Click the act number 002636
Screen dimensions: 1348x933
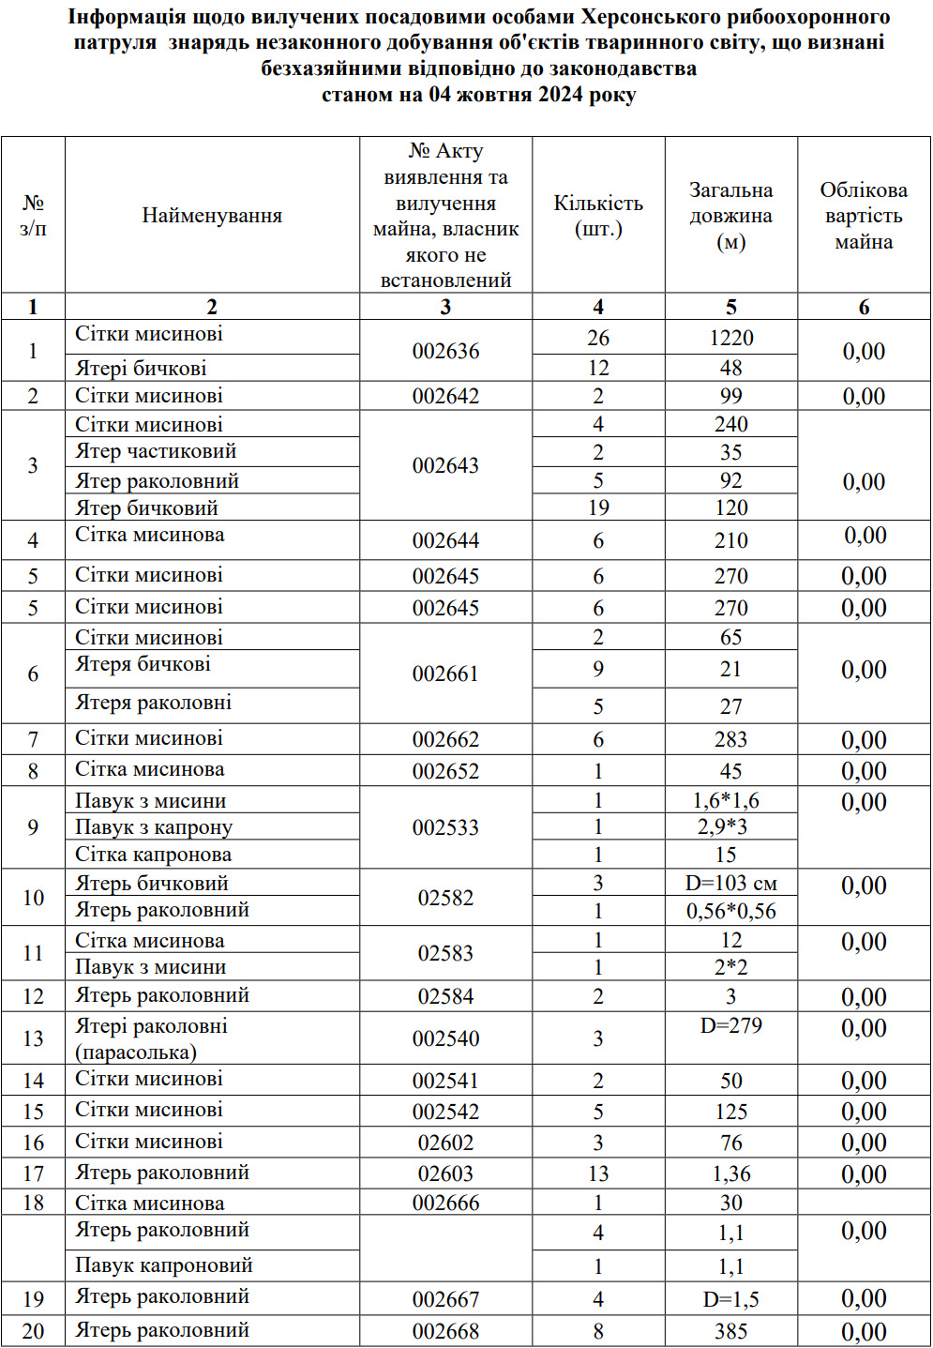pos(445,352)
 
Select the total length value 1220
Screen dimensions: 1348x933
pos(730,338)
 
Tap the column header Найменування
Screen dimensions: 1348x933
pos(212,216)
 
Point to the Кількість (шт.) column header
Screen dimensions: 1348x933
pos(598,216)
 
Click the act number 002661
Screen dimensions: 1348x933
pos(445,674)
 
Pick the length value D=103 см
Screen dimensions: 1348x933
pos(730,884)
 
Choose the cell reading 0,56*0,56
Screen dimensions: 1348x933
pos(730,911)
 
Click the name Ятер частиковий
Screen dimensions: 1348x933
pos(156,451)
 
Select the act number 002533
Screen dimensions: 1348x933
pos(445,827)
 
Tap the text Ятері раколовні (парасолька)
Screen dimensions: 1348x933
pos(151,1038)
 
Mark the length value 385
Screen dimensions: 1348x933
pos(730,1331)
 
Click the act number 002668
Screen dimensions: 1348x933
pos(445,1331)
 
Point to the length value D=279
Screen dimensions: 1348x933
pos(730,1026)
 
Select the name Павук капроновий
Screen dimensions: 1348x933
pos(164,1265)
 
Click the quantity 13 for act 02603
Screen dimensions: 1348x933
pos(598,1174)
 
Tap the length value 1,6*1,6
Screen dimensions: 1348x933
pos(726,800)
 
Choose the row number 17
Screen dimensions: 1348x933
pos(33,1174)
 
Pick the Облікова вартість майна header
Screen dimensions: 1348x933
pos(864,216)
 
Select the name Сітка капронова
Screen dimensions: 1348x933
pos(153,855)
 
